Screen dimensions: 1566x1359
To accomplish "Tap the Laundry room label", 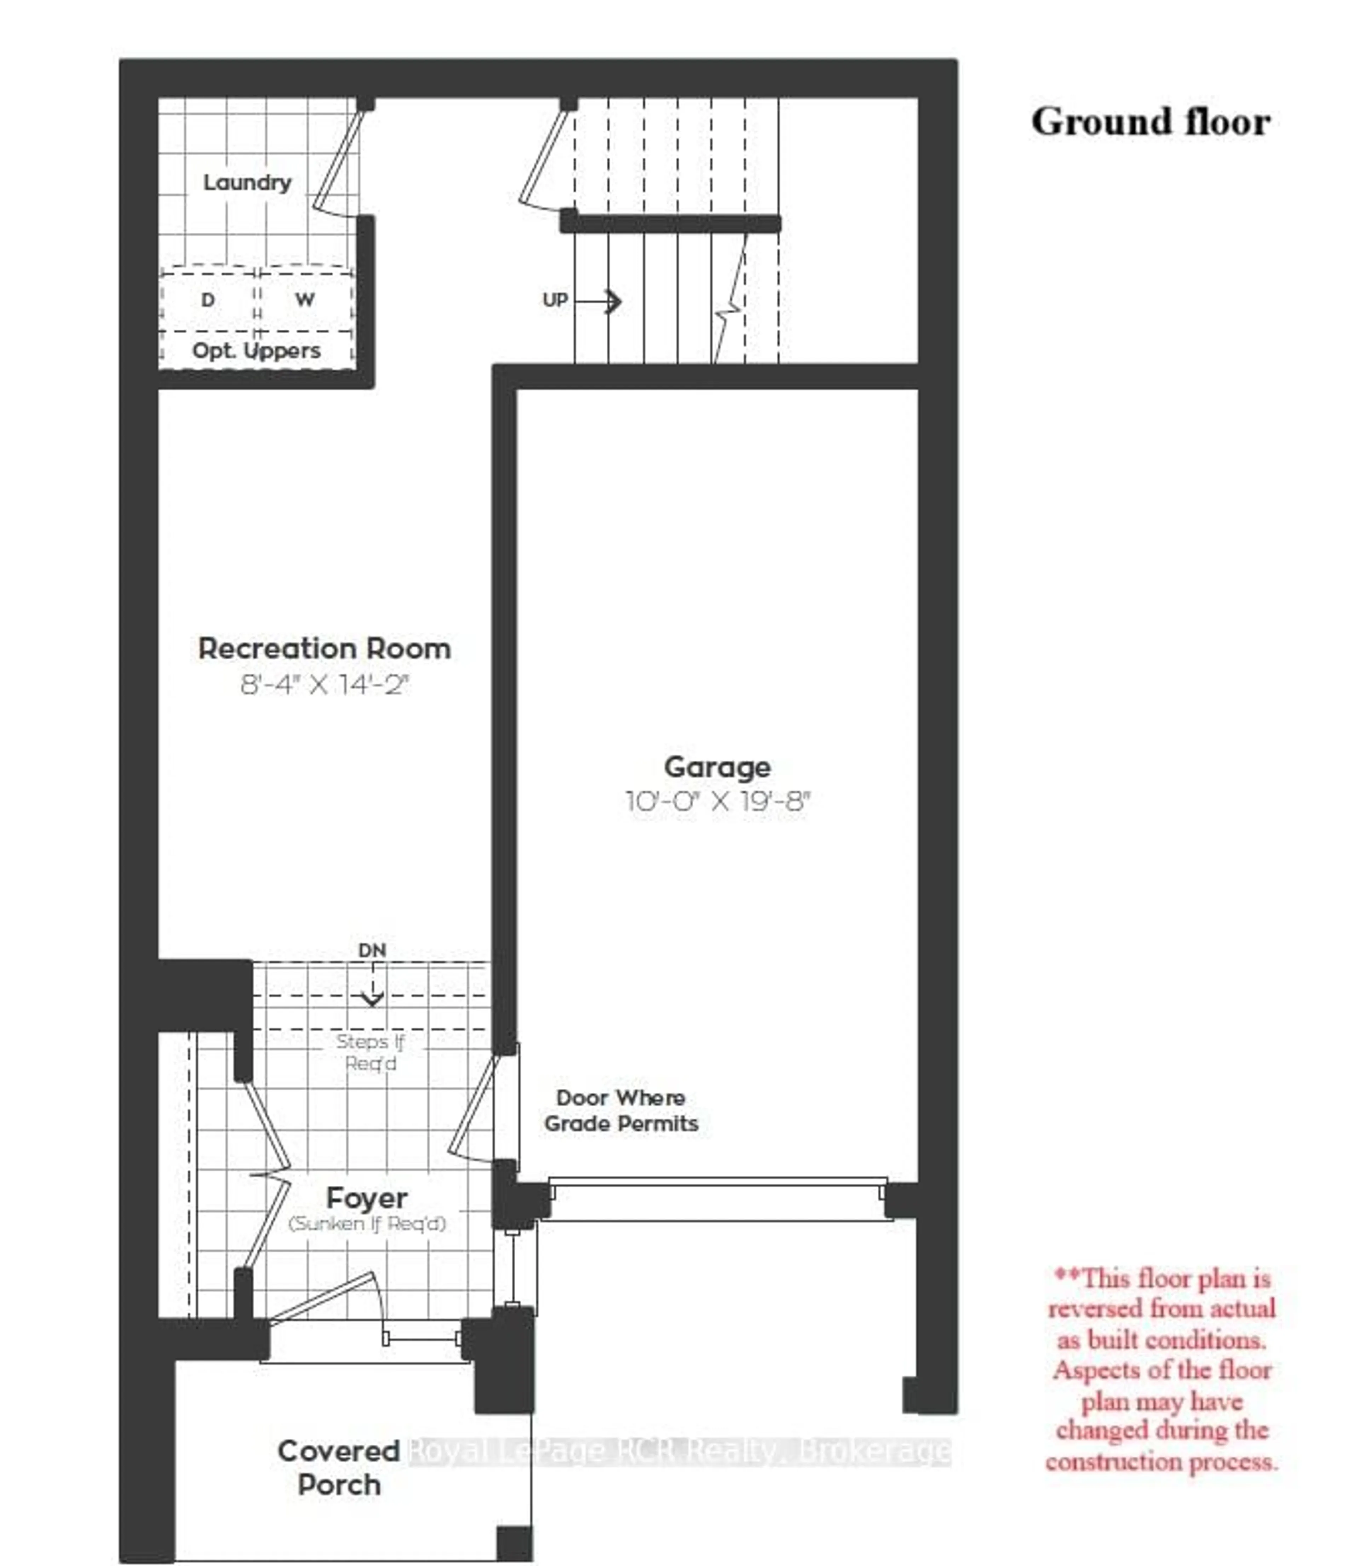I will pyautogui.click(x=247, y=183).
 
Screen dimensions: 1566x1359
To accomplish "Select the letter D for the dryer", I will pyautogui.click(x=208, y=300).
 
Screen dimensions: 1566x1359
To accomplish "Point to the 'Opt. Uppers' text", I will pyautogui.click(x=256, y=351).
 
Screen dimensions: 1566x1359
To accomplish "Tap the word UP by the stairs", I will pyautogui.click(x=555, y=300).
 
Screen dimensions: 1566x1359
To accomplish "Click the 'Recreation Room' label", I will pyautogui.click(x=325, y=649).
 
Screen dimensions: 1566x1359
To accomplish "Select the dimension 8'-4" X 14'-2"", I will pyautogui.click(x=325, y=685).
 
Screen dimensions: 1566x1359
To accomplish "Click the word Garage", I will pyautogui.click(x=717, y=767).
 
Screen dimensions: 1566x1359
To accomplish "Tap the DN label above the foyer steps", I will pyautogui.click(x=372, y=950).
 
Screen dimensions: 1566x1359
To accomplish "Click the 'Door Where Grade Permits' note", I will pyautogui.click(x=621, y=1110).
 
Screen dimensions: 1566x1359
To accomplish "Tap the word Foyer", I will pyautogui.click(x=367, y=1198).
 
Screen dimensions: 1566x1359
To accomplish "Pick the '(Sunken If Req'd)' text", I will pyautogui.click(x=367, y=1223).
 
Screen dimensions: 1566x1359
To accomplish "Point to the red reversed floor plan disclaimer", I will pyautogui.click(x=1161, y=1370).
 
